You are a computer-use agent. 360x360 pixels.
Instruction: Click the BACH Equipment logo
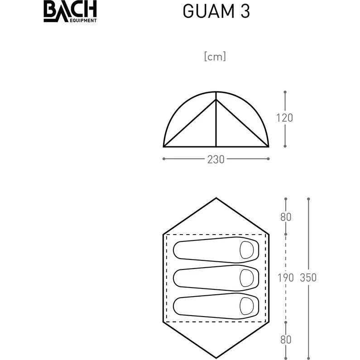pyautogui.click(x=70, y=11)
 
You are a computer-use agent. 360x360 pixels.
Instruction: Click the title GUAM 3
pyautogui.click(x=216, y=11)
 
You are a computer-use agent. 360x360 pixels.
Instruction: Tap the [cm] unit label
pyautogui.click(x=215, y=57)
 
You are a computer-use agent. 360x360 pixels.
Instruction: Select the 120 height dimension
pyautogui.click(x=285, y=118)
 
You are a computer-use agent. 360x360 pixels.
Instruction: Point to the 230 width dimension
pyautogui.click(x=216, y=159)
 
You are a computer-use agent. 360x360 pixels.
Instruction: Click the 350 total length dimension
pyautogui.click(x=308, y=277)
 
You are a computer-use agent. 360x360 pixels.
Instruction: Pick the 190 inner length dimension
pyautogui.click(x=286, y=278)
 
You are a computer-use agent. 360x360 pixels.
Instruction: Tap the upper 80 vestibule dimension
pyautogui.click(x=286, y=217)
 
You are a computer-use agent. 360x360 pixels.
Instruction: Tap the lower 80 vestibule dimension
pyautogui.click(x=286, y=340)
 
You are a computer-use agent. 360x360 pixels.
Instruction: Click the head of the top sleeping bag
pyautogui.click(x=247, y=250)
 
